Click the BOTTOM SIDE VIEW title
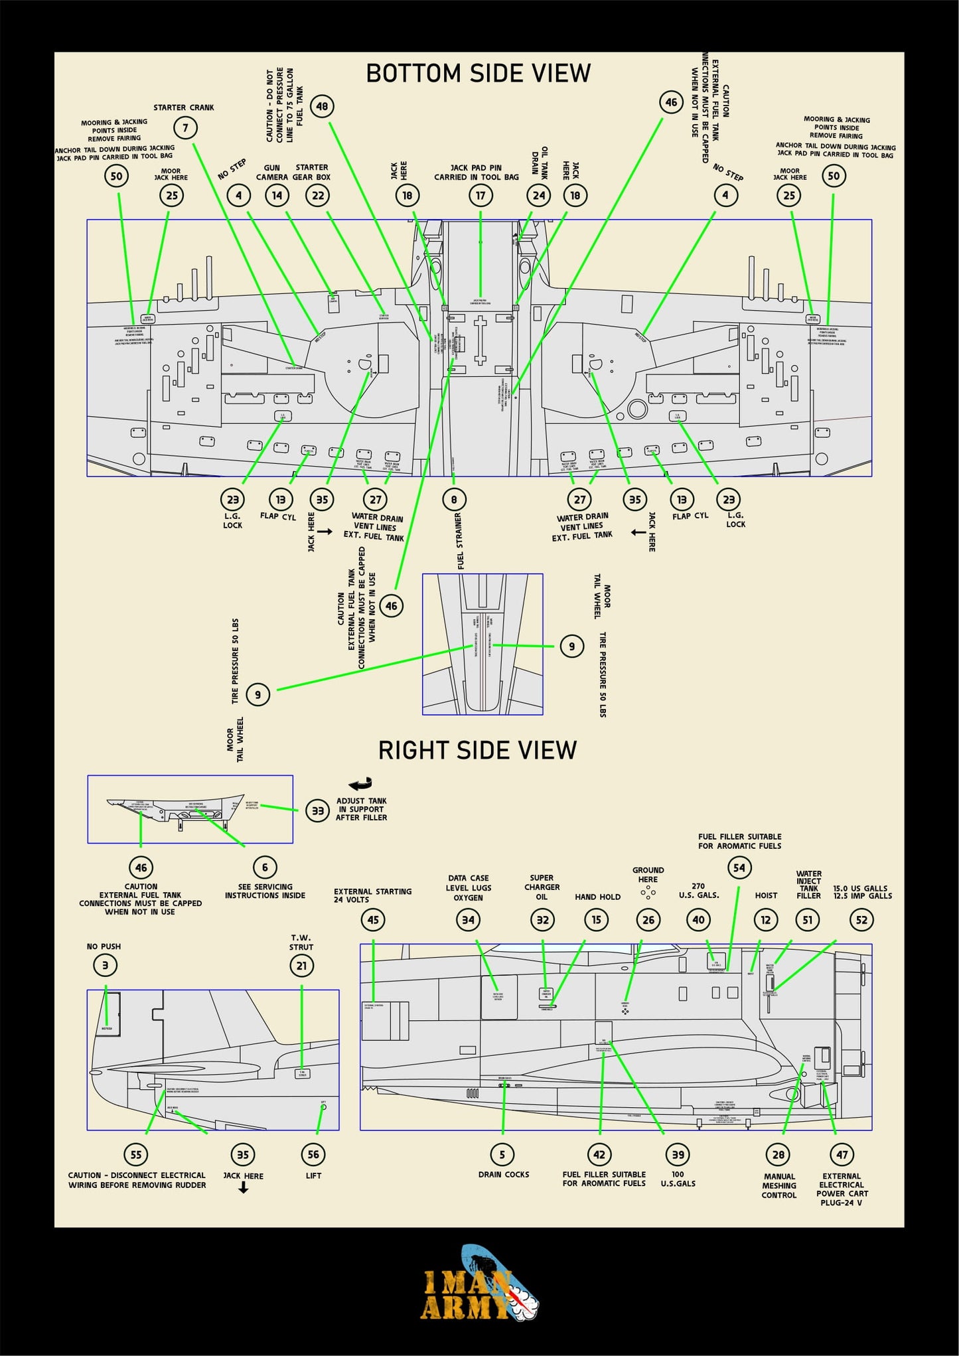click(478, 74)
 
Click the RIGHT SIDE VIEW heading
click(477, 750)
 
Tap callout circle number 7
click(185, 127)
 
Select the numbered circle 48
click(322, 106)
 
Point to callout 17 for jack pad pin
click(480, 195)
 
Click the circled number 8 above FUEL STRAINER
click(454, 499)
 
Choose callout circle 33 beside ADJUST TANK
click(318, 810)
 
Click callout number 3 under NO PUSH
click(105, 966)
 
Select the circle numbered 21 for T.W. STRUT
click(302, 966)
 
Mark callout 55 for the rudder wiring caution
click(136, 1154)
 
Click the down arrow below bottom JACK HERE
click(244, 1189)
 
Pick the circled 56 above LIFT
click(313, 1154)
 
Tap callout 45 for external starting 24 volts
click(373, 920)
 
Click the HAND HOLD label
click(597, 897)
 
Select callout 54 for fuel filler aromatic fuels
click(739, 867)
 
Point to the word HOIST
click(766, 895)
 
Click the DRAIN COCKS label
click(504, 1174)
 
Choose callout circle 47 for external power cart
click(842, 1154)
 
